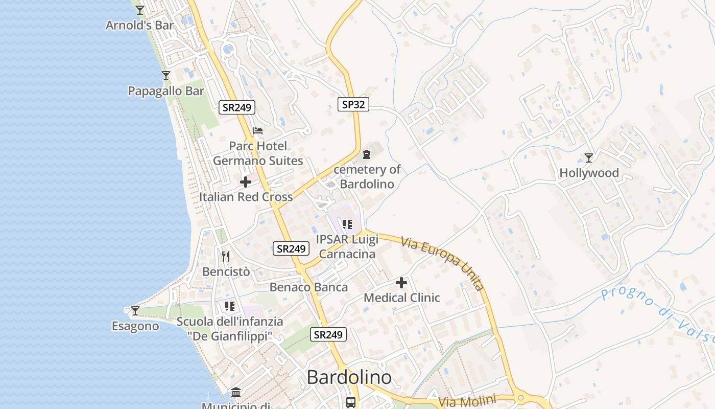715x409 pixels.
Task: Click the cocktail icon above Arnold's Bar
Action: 139,10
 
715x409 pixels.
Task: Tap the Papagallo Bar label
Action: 166,91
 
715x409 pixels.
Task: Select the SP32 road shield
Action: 353,104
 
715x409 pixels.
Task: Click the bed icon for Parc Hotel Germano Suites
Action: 258,131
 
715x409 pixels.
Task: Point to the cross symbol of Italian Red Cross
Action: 246,181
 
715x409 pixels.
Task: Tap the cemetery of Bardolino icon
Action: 366,154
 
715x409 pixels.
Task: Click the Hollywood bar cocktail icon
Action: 589,157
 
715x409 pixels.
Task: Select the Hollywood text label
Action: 589,173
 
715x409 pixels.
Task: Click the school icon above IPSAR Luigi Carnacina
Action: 347,224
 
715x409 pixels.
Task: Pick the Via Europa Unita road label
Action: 442,263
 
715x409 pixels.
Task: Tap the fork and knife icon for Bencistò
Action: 226,256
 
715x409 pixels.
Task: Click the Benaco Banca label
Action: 308,287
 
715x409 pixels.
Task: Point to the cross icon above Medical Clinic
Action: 401,282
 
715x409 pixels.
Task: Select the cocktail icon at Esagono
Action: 135,310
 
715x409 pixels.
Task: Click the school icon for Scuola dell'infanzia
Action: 229,306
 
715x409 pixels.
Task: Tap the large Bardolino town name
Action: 349,377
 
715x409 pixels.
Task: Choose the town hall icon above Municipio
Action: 236,392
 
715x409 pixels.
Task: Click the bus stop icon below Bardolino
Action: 351,402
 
